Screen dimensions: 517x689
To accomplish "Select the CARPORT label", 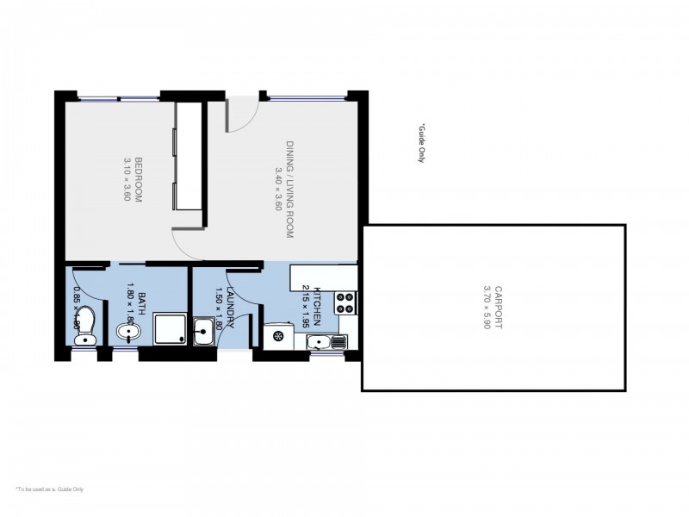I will coord(499,308).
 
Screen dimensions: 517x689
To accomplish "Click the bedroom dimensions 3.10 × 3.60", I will coord(127,178).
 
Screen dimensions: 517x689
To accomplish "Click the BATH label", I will coord(141,302).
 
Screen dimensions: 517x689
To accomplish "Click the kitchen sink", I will coord(326,343).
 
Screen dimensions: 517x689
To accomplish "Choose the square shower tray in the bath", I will coord(168,329).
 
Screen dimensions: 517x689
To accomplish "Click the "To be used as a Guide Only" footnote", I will coord(49,489).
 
